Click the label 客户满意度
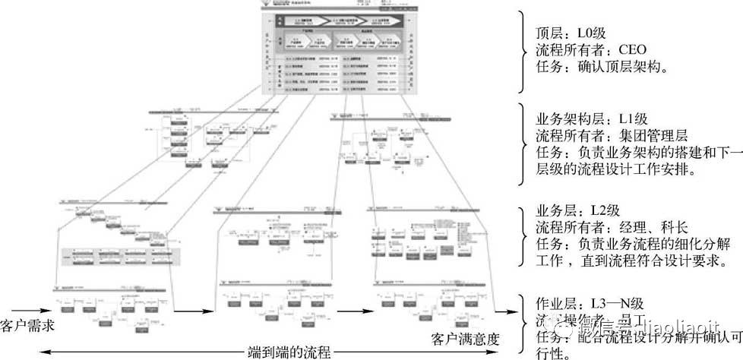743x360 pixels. click(x=465, y=337)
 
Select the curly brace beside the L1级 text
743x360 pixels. click(x=522, y=144)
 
